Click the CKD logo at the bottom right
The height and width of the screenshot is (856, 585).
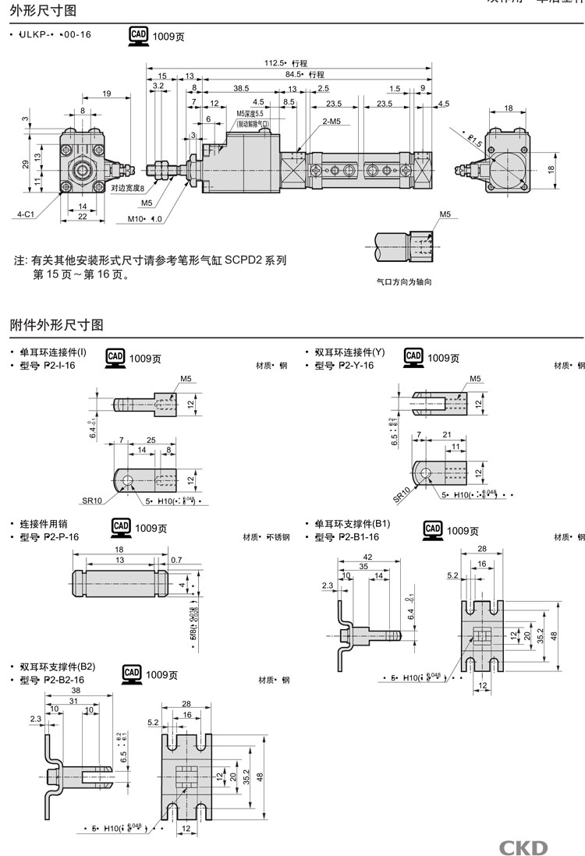pyautogui.click(x=523, y=847)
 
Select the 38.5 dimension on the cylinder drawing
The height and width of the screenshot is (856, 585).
pyautogui.click(x=241, y=88)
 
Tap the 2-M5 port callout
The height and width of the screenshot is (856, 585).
pyautogui.click(x=330, y=121)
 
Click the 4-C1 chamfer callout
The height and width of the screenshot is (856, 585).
pyautogui.click(x=24, y=212)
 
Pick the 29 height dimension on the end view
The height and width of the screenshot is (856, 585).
pyautogui.click(x=25, y=164)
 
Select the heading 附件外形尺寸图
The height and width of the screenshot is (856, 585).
pyautogui.click(x=57, y=324)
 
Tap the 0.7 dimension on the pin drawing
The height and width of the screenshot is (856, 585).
pyautogui.click(x=175, y=560)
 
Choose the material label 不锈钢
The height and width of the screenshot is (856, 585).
pyautogui.click(x=277, y=537)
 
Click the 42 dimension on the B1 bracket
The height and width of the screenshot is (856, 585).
pyautogui.click(x=367, y=557)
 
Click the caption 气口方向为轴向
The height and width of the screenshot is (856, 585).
pyautogui.click(x=404, y=282)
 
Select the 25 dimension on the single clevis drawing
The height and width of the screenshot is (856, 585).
pyautogui.click(x=151, y=440)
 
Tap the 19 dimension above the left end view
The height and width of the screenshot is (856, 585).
pyautogui.click(x=106, y=94)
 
